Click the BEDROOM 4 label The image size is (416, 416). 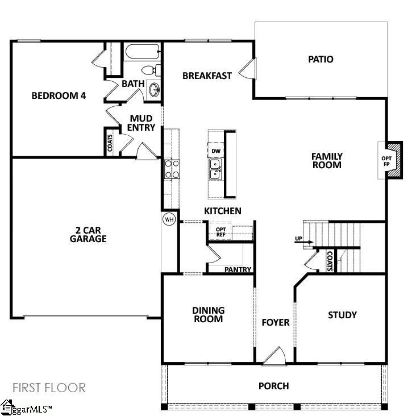click(x=59, y=95)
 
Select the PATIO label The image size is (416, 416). click(x=321, y=59)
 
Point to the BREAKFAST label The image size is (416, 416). click(x=207, y=76)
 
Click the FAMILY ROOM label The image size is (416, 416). click(x=326, y=160)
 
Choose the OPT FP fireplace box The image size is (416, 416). click(x=388, y=160)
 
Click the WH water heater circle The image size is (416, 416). click(x=169, y=219)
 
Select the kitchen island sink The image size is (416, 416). click(x=215, y=169)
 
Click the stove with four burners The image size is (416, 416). click(x=172, y=169)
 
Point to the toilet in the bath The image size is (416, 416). click(x=150, y=70)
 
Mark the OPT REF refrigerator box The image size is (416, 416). click(x=221, y=231)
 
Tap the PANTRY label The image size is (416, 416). click(x=238, y=270)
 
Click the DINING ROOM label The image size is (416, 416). click(x=208, y=314)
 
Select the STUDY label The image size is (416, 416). click(x=342, y=315)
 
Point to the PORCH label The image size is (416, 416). click(x=273, y=386)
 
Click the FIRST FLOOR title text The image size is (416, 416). click(x=49, y=388)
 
